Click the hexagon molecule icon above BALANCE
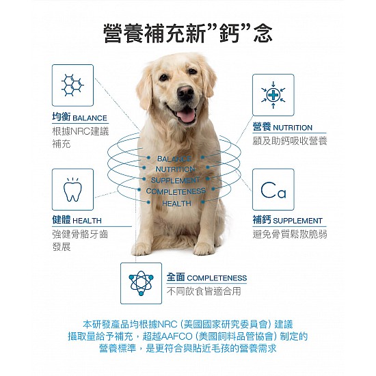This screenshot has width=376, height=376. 72,85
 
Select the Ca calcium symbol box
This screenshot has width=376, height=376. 273,189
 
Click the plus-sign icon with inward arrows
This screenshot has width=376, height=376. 273,95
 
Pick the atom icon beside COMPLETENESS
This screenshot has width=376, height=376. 141,283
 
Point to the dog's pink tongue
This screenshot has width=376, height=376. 186,116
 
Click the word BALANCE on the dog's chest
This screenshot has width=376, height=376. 174,159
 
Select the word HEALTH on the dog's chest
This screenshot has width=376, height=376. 177,204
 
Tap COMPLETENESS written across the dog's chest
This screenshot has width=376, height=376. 176,191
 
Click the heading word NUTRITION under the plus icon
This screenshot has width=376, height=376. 293,128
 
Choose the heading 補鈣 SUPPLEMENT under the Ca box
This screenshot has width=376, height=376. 288,220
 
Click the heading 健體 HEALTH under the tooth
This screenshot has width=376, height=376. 77,220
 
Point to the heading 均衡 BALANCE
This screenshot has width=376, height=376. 79,118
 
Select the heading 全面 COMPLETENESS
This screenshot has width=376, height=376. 206,278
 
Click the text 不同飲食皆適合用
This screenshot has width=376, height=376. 204,291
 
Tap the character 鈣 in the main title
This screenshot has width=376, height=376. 230,33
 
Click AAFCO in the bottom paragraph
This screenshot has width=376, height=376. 177,336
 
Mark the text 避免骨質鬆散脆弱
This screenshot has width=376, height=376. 290,234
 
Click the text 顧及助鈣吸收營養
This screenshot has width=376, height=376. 290,141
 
